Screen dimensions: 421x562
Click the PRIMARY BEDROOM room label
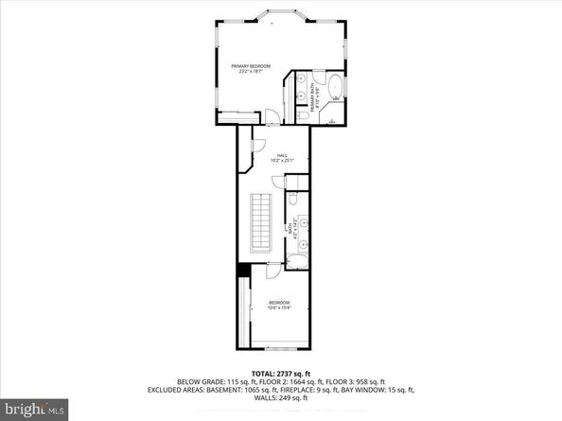[x=251, y=65]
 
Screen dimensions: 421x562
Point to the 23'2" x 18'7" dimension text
[x=251, y=71]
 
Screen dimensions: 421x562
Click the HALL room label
[x=281, y=154]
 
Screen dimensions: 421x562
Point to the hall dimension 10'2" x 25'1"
[x=281, y=160]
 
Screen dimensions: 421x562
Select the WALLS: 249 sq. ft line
[x=281, y=398]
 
